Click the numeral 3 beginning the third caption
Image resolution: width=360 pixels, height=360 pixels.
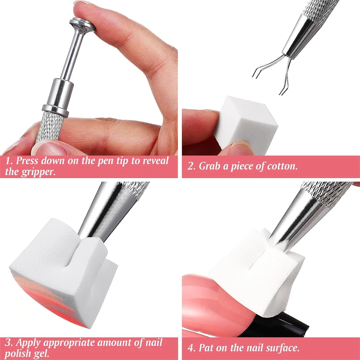8,342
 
